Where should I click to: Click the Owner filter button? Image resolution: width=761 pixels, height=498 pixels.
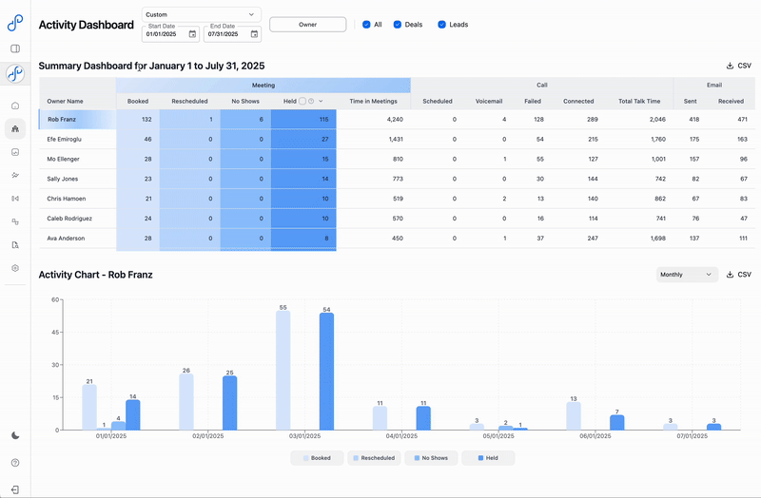(307, 25)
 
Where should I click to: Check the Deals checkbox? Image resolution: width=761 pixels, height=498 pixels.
(398, 25)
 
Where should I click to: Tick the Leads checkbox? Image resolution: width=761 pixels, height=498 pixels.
(441, 25)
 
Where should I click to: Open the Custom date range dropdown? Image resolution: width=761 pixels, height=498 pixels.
(201, 14)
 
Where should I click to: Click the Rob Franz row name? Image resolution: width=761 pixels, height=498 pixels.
(64, 120)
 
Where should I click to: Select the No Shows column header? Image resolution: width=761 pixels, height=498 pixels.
(245, 101)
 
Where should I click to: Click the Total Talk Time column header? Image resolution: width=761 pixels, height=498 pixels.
(638, 101)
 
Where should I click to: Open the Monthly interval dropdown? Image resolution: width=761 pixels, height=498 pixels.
(687, 275)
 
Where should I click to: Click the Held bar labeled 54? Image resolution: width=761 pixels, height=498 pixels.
(326, 371)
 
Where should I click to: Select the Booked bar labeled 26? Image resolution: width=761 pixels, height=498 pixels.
(185, 401)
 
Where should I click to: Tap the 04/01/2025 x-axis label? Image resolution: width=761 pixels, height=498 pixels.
(400, 437)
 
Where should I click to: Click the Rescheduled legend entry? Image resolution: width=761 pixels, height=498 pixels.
(375, 458)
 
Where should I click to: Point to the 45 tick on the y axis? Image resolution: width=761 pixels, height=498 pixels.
(56, 333)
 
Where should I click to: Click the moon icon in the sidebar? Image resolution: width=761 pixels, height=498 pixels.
(15, 435)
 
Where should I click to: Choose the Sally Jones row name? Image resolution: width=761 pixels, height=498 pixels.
(64, 179)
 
